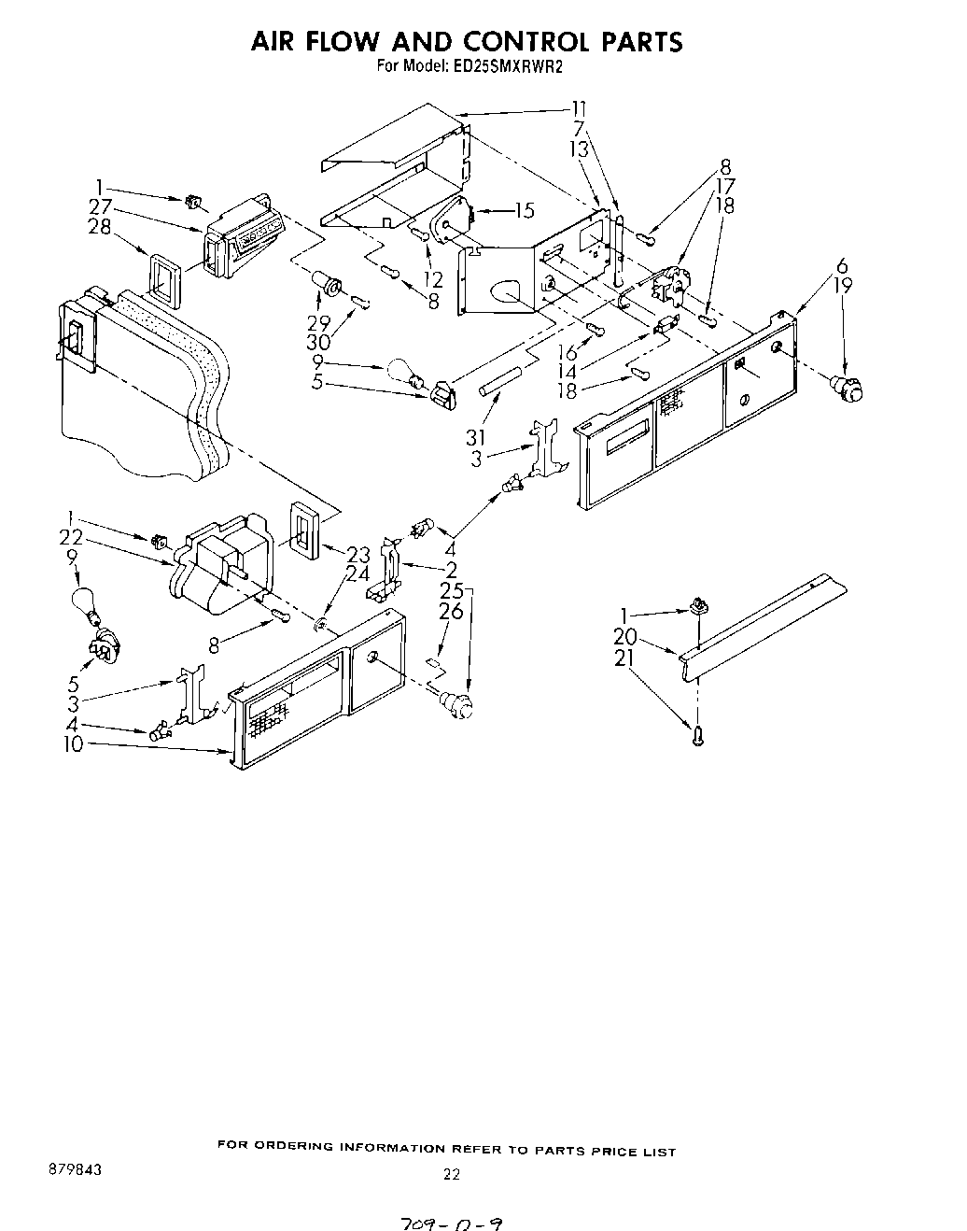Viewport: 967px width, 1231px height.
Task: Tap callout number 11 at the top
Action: point(580,108)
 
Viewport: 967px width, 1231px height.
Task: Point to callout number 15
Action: point(524,211)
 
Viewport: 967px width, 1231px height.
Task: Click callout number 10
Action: point(72,743)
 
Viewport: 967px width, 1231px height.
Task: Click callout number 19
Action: point(844,286)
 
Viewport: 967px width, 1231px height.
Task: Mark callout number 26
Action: point(452,612)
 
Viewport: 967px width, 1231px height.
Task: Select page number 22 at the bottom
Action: point(452,1175)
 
